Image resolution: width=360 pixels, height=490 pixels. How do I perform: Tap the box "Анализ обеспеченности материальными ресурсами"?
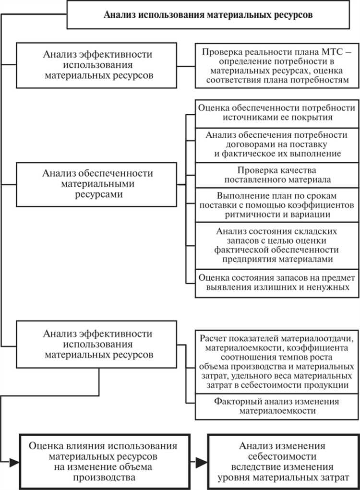coord(97,183)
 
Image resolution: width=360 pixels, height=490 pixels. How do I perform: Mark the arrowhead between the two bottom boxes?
coord(202,462)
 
